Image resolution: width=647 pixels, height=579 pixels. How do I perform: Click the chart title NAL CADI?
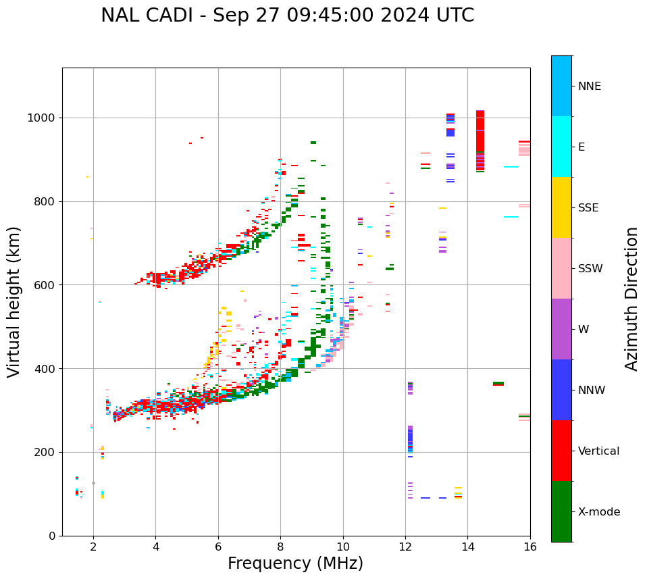pyautogui.click(x=287, y=16)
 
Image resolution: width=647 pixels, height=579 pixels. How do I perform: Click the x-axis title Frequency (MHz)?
pyautogui.click(x=295, y=563)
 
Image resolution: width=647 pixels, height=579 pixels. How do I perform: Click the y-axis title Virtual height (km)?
pyautogui.click(x=14, y=302)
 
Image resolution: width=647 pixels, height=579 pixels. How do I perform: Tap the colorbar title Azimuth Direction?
pyautogui.click(x=631, y=299)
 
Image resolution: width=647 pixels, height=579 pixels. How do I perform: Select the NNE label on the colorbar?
pyautogui.click(x=589, y=86)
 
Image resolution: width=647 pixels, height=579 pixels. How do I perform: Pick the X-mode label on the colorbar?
pyautogui.click(x=598, y=512)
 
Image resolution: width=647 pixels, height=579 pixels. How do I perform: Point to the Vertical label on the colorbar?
pyautogui.click(x=598, y=451)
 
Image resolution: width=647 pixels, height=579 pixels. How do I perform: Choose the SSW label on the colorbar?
pyautogui.click(x=590, y=269)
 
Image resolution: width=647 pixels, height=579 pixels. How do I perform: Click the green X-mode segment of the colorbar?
pyautogui.click(x=561, y=511)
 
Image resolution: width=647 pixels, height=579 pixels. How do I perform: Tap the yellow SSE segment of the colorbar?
pyautogui.click(x=561, y=207)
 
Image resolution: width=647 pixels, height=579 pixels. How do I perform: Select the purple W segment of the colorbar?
pyautogui.click(x=561, y=329)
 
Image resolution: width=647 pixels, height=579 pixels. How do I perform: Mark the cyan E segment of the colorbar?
pyautogui.click(x=561, y=147)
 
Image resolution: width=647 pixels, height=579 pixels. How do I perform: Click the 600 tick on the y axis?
pyautogui.click(x=47, y=285)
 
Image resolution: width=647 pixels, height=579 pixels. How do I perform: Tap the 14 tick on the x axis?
pyautogui.click(x=467, y=547)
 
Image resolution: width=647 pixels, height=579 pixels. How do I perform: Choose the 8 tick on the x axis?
pyautogui.click(x=280, y=547)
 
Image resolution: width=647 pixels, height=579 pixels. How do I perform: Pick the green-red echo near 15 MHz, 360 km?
pyautogui.click(x=498, y=384)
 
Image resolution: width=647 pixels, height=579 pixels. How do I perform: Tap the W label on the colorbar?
pyautogui.click(x=584, y=330)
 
